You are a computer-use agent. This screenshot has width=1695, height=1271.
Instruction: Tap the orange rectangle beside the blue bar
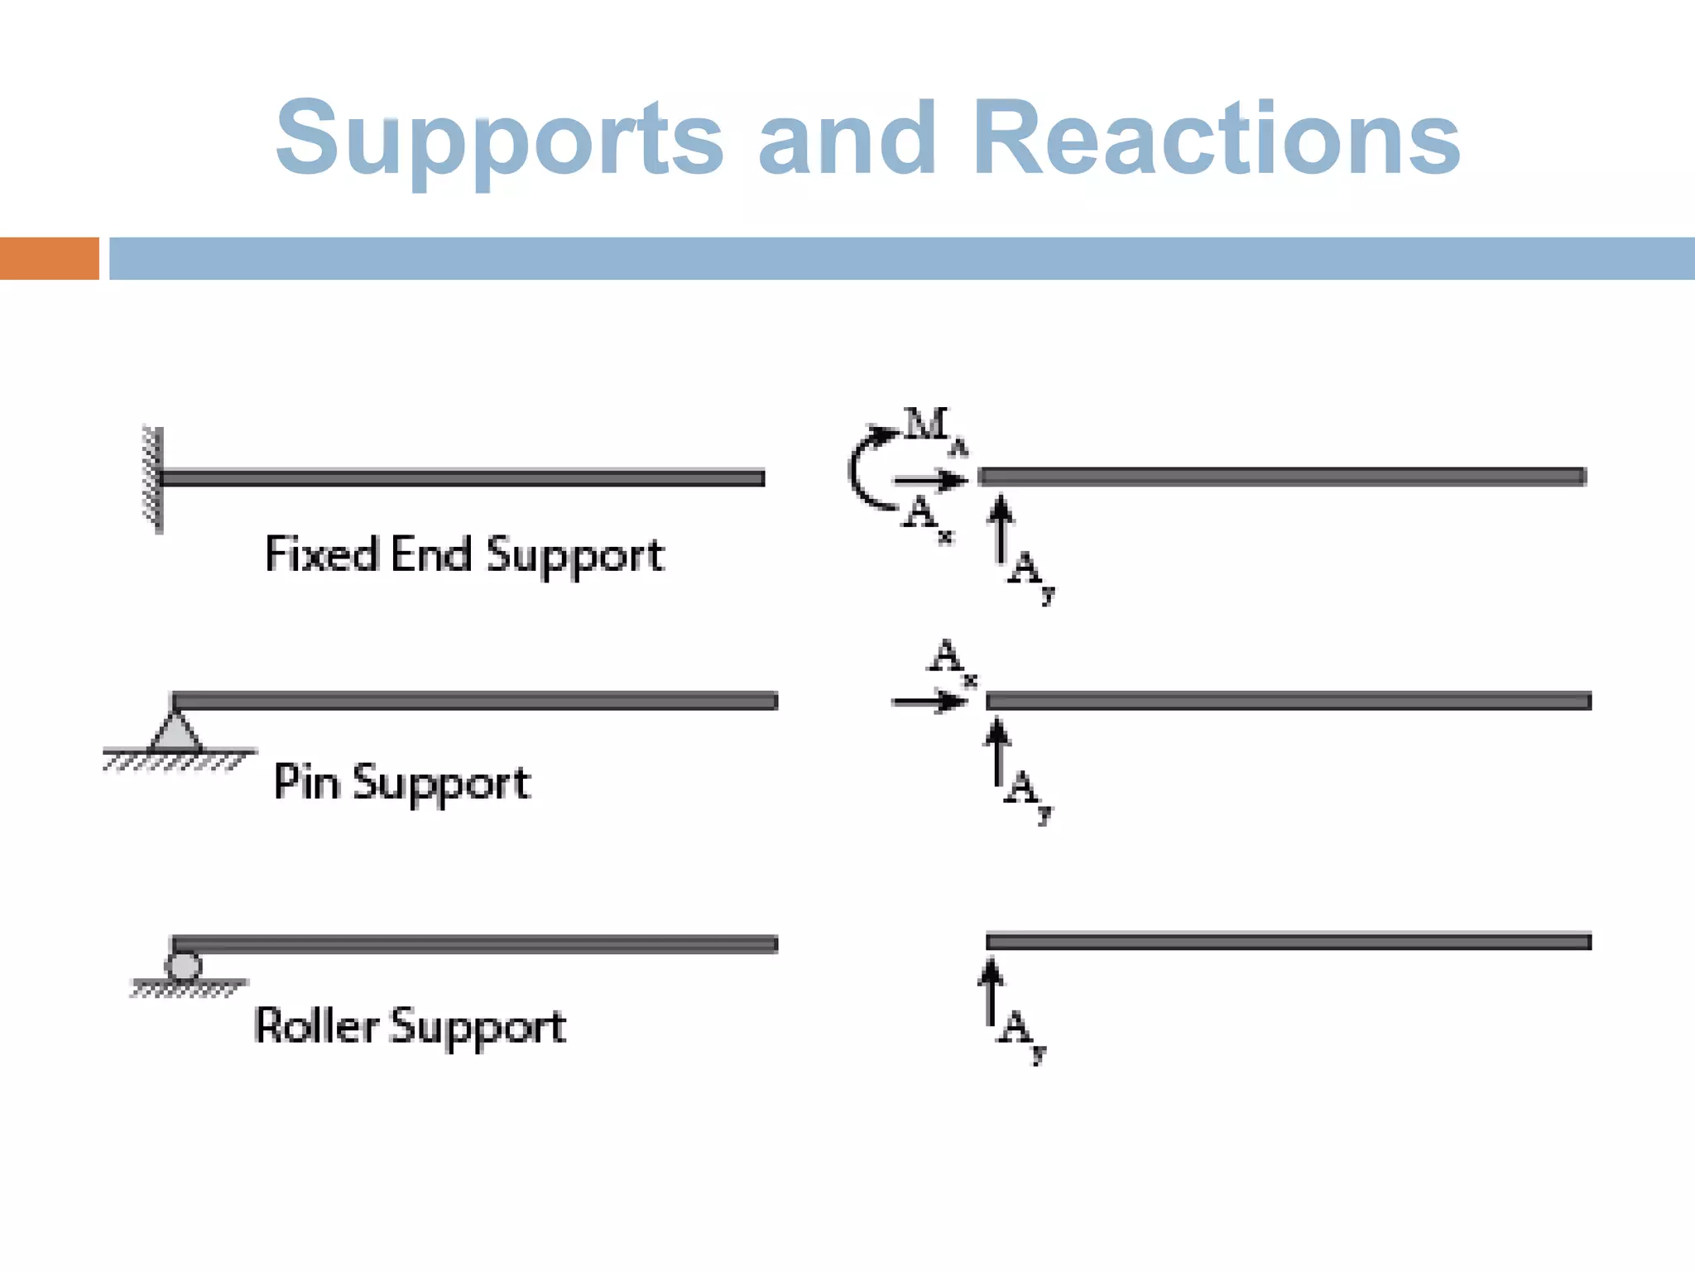(49, 258)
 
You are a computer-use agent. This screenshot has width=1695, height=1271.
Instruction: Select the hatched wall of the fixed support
(152, 480)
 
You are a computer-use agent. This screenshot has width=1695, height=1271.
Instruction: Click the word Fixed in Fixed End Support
(321, 554)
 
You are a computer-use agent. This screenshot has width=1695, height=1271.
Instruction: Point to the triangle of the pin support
(175, 731)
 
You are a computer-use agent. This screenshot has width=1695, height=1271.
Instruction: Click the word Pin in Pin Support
(306, 782)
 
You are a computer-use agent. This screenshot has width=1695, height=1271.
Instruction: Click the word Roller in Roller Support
(316, 1026)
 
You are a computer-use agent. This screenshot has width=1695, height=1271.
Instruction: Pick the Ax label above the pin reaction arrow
(950, 660)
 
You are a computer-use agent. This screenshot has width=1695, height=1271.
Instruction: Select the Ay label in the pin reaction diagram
(1026, 793)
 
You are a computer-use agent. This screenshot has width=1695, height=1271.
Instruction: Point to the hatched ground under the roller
(189, 988)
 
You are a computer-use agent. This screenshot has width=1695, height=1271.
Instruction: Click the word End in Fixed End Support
(430, 554)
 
